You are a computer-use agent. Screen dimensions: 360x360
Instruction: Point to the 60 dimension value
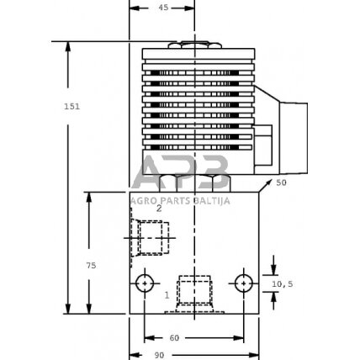pos(175,337)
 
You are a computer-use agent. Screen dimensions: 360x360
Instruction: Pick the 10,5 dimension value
pos(283,285)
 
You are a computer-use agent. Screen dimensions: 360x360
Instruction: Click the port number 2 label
pos(135,208)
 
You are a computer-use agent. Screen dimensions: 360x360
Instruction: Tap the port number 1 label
pos(167,294)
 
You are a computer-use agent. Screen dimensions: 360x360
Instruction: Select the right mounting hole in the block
pos(243,283)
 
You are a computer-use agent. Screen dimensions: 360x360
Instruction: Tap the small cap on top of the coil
pos(196,44)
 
